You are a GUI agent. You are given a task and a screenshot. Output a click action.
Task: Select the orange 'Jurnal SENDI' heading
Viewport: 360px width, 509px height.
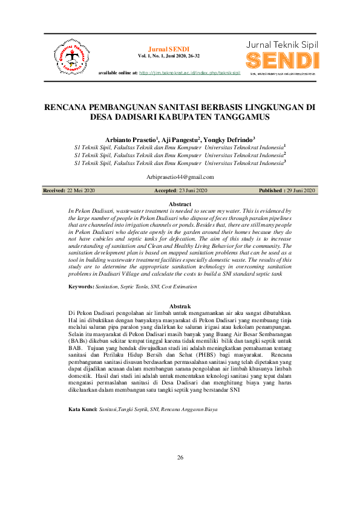pos(169,48)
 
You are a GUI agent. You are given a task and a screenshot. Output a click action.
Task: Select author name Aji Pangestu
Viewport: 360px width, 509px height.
pos(180,138)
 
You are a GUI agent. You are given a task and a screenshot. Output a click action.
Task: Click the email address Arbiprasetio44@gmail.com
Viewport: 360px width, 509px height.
pos(180,177)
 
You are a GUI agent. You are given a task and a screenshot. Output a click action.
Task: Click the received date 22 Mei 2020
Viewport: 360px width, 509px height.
pos(81,191)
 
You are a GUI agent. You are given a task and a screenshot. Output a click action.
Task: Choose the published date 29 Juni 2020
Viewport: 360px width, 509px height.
pos(301,191)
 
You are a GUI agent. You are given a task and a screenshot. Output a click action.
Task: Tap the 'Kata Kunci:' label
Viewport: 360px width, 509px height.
pos(82,409)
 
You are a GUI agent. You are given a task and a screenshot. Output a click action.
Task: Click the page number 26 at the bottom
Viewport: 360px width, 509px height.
pos(180,457)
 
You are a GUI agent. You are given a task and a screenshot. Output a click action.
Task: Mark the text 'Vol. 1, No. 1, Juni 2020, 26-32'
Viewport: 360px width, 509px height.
pos(169,56)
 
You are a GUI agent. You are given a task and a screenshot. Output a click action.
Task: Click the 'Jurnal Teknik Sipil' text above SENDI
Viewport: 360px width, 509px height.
pos(282,45)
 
